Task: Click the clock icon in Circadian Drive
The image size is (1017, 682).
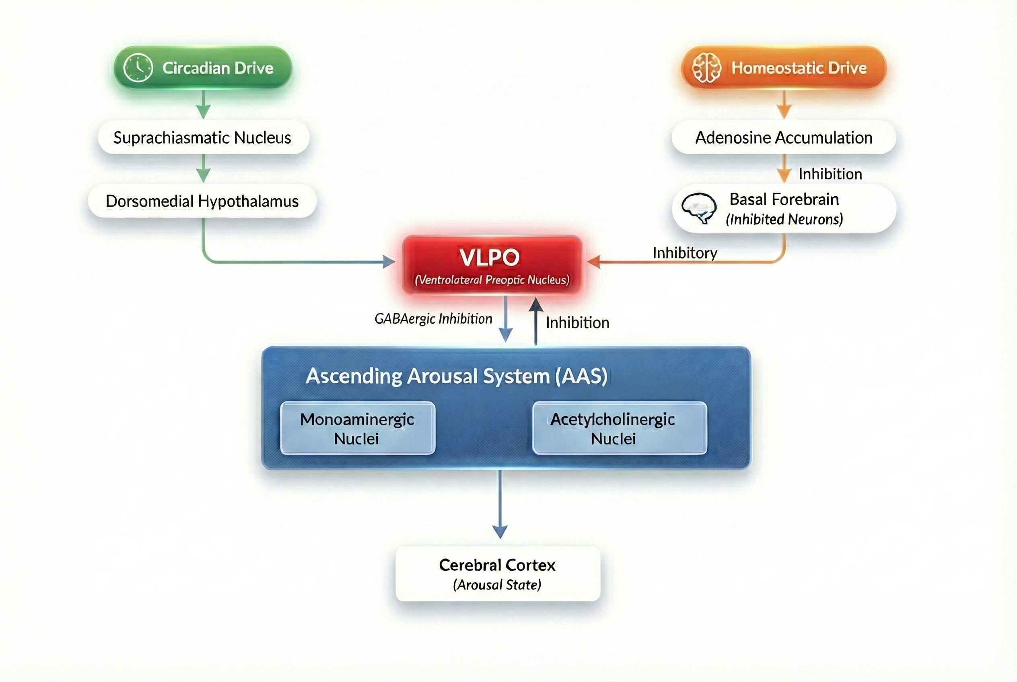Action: point(138,68)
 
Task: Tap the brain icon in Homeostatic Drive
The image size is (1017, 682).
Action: point(706,68)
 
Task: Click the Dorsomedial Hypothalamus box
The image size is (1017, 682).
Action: point(202,201)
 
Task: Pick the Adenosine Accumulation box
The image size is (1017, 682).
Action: point(783,138)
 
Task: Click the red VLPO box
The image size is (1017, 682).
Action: point(492,265)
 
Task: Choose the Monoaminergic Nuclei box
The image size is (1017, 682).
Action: point(357,428)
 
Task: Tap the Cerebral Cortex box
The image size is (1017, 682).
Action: point(497,574)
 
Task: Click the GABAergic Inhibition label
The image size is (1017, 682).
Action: point(433,319)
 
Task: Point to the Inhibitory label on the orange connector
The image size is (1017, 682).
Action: point(685,253)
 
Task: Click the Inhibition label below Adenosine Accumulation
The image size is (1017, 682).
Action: point(830,174)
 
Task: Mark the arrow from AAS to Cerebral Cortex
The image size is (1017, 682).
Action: point(500,505)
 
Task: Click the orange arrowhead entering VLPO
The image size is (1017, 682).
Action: point(594,262)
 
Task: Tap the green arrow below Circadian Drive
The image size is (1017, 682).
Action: point(203,105)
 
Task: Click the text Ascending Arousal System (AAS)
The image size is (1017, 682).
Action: point(457,376)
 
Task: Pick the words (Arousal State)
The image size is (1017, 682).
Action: point(497,585)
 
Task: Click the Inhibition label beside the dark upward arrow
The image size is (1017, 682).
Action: point(577,323)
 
